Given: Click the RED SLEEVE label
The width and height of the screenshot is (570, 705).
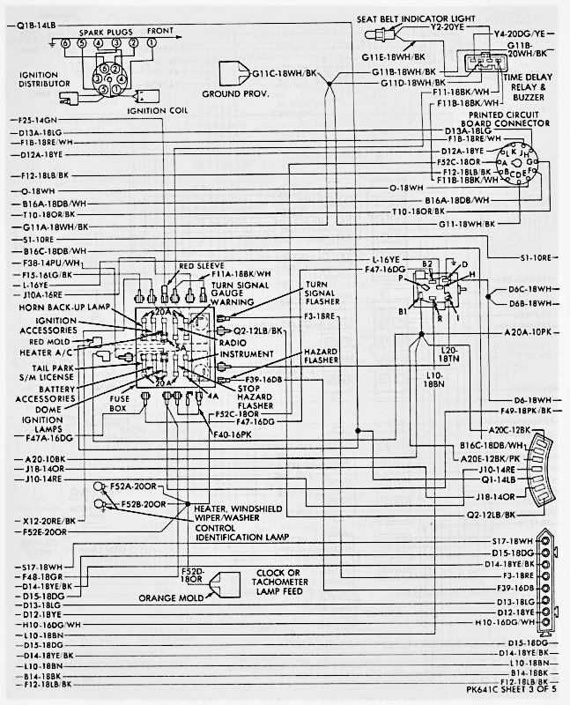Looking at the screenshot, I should click(202, 265).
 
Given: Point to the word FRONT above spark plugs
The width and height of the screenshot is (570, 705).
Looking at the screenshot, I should click(161, 29).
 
